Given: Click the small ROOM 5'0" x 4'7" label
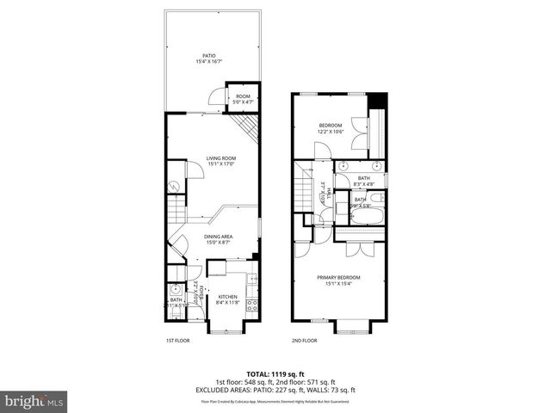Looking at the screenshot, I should tap(243, 100).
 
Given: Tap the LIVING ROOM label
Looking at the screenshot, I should tap(220, 162).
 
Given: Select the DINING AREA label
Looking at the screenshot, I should tap(218, 239).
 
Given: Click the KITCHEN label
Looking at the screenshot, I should tap(227, 299).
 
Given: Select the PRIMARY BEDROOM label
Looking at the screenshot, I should tap(337, 280).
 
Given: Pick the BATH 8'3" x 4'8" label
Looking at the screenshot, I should tap(363, 181).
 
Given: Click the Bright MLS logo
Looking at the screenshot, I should tap(34, 401).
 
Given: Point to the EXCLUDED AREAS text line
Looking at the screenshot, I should tap(275, 390).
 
